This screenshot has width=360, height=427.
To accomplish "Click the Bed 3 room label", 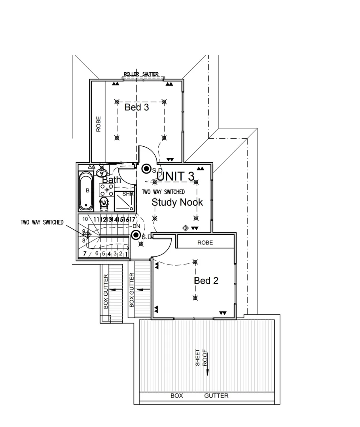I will (136, 107).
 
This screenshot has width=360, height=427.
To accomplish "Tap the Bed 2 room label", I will (206, 281).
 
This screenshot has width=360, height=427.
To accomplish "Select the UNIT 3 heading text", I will (176, 176).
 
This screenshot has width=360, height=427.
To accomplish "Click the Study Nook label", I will (177, 202).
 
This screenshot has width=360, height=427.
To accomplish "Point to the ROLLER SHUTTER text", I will (141, 74).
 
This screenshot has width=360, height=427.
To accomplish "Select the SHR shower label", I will (127, 194).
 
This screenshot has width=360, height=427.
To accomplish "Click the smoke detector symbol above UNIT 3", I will (146, 169).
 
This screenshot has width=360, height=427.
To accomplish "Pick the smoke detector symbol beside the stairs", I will (136, 236).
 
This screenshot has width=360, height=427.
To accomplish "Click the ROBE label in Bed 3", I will (99, 124).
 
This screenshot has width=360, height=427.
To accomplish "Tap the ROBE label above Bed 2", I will (205, 243).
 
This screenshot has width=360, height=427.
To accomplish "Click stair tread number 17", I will (133, 219).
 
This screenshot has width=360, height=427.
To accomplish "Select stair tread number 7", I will (85, 253).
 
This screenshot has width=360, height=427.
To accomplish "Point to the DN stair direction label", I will (136, 226).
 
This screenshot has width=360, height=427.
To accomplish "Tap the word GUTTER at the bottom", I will (216, 396).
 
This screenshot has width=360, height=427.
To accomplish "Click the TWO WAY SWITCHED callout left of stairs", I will (42, 222).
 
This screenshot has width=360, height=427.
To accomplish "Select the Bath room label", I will (112, 180).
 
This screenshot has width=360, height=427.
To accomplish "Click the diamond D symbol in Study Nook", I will (185, 228).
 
